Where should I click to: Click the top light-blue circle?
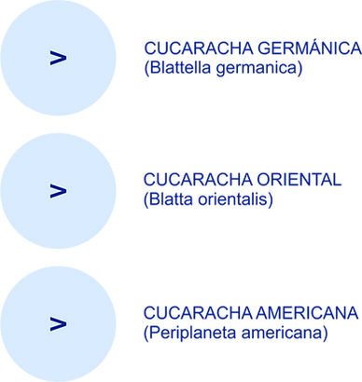(x=59, y=59)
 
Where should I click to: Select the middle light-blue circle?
(x=59, y=190)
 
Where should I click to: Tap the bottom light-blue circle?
(x=59, y=322)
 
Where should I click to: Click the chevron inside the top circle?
(x=59, y=59)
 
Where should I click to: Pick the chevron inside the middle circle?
(x=59, y=191)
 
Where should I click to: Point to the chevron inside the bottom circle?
(x=59, y=323)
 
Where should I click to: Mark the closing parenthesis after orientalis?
(x=274, y=202)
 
